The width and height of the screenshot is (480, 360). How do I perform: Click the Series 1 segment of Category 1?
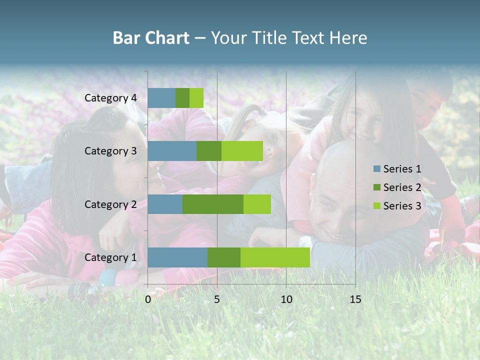(x=177, y=257)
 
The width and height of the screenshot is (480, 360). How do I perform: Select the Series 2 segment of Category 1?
(x=224, y=257)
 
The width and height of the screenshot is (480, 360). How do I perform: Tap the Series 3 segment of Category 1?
(x=275, y=257)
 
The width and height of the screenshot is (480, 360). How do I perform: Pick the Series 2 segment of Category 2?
(x=213, y=204)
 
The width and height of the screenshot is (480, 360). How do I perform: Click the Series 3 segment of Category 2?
(x=257, y=204)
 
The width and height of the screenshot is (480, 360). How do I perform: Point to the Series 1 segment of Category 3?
(x=172, y=151)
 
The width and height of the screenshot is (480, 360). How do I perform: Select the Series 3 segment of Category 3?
(x=242, y=151)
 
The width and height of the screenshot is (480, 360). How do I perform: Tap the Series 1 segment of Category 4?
(x=161, y=98)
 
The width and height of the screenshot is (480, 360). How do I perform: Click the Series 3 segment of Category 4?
(x=196, y=98)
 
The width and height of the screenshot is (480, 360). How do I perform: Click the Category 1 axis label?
(x=110, y=257)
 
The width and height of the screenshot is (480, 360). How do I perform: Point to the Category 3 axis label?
(x=110, y=151)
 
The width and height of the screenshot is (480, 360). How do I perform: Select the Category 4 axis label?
(x=110, y=98)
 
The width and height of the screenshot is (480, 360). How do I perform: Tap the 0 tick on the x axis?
(x=148, y=299)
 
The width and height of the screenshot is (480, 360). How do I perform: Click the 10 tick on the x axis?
(x=286, y=299)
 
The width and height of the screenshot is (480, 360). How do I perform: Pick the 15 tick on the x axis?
(x=355, y=299)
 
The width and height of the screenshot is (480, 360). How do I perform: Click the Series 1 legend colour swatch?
(x=377, y=169)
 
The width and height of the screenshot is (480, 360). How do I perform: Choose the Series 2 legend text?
(x=402, y=187)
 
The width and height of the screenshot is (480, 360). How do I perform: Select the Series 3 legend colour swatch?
(x=377, y=206)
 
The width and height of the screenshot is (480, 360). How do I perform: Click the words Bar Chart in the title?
(x=151, y=38)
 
